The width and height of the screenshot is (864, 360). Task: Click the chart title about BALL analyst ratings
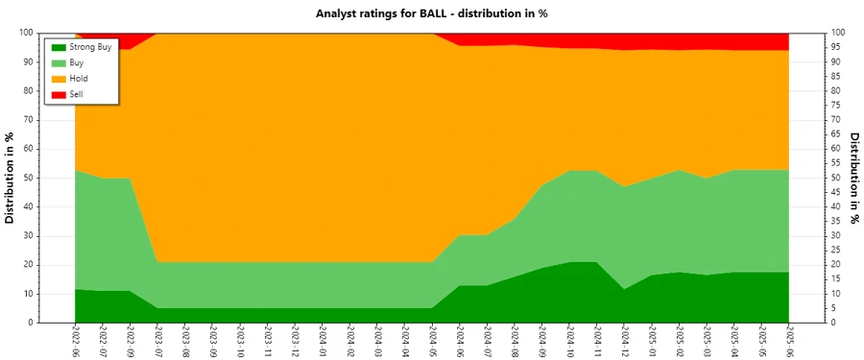coord(431,13)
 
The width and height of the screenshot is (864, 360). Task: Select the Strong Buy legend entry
coord(90,46)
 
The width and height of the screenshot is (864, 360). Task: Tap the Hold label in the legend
coord(78,78)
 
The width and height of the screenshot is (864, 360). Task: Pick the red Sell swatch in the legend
coord(59,93)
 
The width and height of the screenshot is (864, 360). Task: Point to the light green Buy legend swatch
coord(59,62)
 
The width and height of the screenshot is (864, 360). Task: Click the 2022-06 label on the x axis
coord(75,342)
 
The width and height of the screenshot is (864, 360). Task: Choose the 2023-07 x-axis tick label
coord(157,342)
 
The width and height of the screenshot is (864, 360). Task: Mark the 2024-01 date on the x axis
coord(322,342)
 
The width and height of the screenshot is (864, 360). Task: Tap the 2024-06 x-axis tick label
coord(460,342)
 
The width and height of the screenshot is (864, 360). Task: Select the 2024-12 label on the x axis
coord(625,342)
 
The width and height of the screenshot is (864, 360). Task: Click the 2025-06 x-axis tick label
coord(789,342)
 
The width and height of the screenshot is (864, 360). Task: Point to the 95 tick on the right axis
coord(837,47)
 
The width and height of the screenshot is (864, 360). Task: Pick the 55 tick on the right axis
coord(837,163)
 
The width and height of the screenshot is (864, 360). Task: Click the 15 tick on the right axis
coord(837,279)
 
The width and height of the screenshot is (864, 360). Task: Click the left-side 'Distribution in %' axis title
coord(11,178)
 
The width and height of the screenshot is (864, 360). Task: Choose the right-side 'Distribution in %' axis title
coord(854,178)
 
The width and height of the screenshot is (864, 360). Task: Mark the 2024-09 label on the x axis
coord(542,342)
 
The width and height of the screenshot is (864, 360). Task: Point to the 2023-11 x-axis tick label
coord(267,342)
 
